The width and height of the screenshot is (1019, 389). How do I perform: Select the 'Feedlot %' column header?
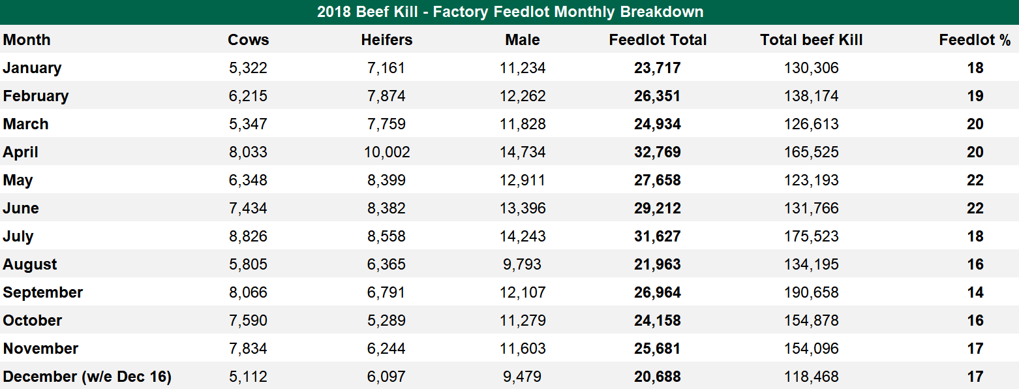pos(975,40)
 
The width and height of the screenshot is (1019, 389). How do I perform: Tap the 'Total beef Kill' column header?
pos(811,40)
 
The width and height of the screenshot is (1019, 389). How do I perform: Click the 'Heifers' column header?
pos(386,40)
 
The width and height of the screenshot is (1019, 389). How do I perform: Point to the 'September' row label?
pos(43,292)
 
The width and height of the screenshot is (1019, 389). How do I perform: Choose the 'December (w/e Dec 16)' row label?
pos(87,377)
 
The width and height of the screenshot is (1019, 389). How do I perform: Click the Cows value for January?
pos(248,68)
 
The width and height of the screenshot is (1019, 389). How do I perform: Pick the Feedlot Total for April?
pos(657,152)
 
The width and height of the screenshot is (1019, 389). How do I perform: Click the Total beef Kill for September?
pos(811,292)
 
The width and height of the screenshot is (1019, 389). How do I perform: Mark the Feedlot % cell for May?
pos(975,180)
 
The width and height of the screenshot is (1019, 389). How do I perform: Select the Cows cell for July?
pos(248,236)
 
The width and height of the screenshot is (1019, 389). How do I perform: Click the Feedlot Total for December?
pos(657,377)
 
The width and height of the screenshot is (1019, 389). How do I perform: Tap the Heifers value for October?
pos(386,320)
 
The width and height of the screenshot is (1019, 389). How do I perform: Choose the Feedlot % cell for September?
pos(975,292)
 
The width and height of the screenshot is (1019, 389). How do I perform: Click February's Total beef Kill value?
pos(811,96)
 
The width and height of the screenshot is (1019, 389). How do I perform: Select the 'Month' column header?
pos(27,40)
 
